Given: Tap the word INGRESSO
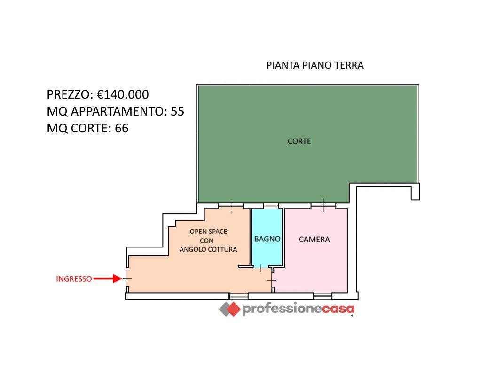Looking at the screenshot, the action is pos(74,278).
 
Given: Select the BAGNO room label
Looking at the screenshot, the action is pos(267,239).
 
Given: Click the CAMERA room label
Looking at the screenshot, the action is pos(314,239).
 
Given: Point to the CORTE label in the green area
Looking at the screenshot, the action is pos(299,141).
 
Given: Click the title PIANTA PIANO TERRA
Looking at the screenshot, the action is pos(315,65).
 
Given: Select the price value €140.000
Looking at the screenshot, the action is pos(123,94).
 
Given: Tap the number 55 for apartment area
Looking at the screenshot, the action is pos(177,111).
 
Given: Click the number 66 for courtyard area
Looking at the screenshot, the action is pos(121,128).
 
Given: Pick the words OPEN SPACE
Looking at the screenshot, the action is pos(208,231).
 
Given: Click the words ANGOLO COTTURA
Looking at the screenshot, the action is pos(208,249).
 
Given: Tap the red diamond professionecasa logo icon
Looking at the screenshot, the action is pos(230,309).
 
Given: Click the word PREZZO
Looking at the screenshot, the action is pos(69,94).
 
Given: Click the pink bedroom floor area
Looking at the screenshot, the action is pos(314,268).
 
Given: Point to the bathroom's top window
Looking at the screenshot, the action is pos(270,206).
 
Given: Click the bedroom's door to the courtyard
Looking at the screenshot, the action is pos(323,205).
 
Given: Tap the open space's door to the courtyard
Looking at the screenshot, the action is pos(231,205).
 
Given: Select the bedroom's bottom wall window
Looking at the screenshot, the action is pos(322,295).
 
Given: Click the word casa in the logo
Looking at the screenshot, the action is pos(338,309).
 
